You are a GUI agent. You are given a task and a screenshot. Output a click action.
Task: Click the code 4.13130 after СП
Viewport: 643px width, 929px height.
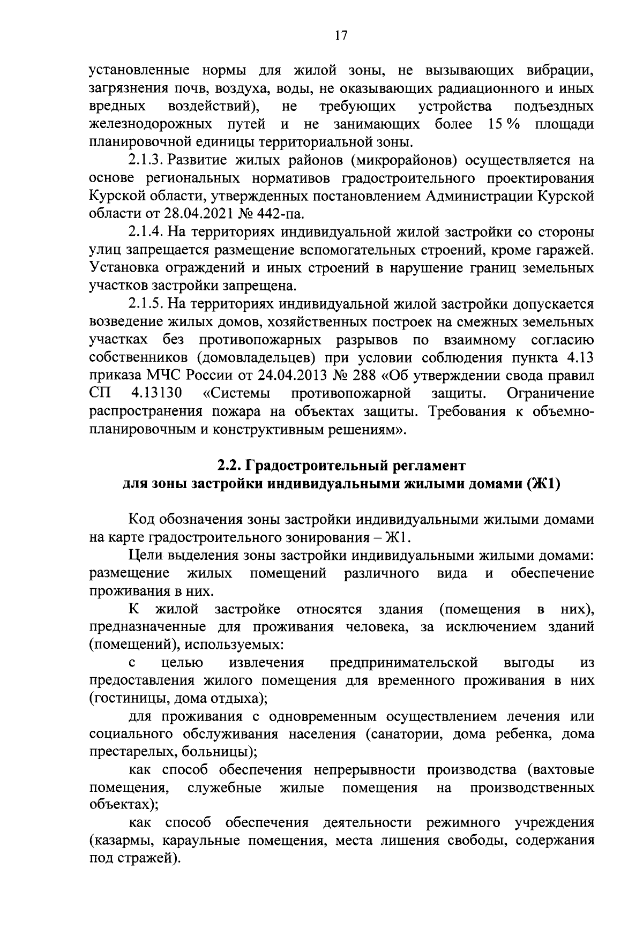[x=156, y=394]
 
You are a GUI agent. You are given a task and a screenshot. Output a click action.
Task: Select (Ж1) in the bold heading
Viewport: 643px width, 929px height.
[x=543, y=483]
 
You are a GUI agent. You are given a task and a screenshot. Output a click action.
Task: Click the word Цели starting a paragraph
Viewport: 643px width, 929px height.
[x=145, y=556]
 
